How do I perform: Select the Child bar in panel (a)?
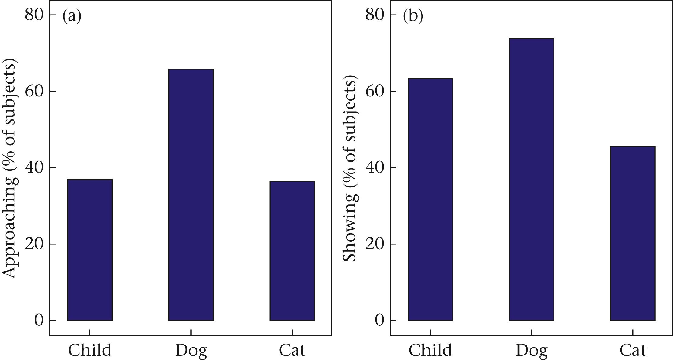pyautogui.click(x=90, y=250)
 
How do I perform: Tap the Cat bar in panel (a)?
pyautogui.click(x=292, y=251)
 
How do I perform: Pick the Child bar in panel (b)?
pyautogui.click(x=430, y=199)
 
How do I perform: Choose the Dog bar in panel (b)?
pyautogui.click(x=531, y=179)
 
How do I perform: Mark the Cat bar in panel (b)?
pyautogui.click(x=632, y=233)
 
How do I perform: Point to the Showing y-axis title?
pyautogui.click(x=351, y=170)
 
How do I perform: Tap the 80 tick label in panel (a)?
pyautogui.click(x=35, y=15)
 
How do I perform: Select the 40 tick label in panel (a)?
pyautogui.click(x=35, y=167)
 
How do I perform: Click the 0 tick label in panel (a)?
pyautogui.click(x=39, y=320)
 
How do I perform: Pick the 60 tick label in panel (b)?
pyautogui.click(x=375, y=91)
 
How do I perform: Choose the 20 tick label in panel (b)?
pyautogui.click(x=375, y=244)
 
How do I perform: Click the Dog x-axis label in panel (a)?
pyautogui.click(x=191, y=350)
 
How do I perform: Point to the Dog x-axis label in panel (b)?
pyautogui.click(x=532, y=350)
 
